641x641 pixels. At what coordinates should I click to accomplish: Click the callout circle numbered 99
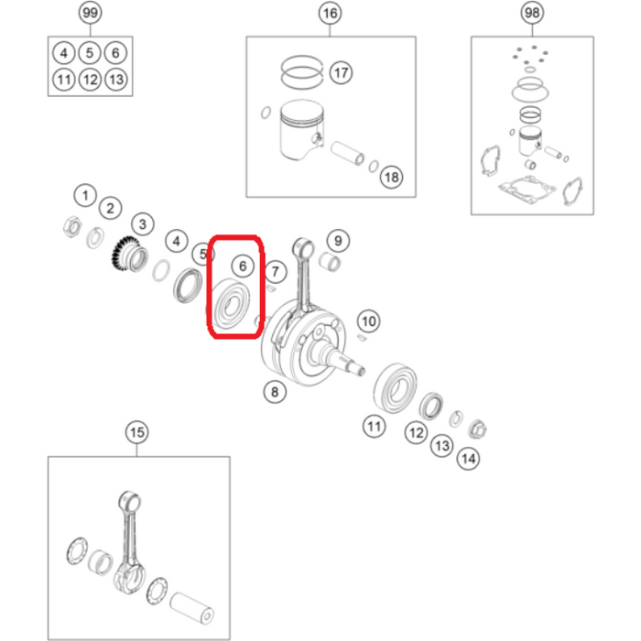tap(90, 13)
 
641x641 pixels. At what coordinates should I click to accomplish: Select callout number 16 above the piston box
tap(330, 14)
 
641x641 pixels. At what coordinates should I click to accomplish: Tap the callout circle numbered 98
tap(532, 13)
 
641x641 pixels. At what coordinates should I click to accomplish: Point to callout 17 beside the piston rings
tap(341, 72)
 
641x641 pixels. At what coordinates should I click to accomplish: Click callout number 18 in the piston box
tap(391, 177)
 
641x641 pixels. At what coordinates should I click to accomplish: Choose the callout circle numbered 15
tap(137, 432)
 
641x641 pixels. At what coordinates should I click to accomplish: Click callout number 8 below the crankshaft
tap(275, 392)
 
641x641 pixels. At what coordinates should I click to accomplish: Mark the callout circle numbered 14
tap(468, 459)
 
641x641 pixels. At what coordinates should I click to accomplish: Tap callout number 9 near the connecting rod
tap(338, 241)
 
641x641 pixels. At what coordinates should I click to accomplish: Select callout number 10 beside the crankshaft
tap(369, 321)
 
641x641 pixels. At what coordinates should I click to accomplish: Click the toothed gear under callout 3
tap(130, 255)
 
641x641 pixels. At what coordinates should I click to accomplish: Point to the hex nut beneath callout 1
tap(72, 226)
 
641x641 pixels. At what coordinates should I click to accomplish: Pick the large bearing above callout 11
tap(395, 387)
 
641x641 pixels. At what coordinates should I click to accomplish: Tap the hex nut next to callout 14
tap(477, 429)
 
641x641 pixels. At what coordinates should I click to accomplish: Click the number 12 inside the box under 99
tap(90, 80)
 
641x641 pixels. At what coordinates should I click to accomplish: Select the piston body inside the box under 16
tap(301, 130)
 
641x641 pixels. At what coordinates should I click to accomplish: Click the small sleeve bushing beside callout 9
tap(330, 263)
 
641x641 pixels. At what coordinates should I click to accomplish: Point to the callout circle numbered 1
tap(85, 195)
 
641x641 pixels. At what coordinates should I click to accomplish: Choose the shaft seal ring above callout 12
tap(431, 406)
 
